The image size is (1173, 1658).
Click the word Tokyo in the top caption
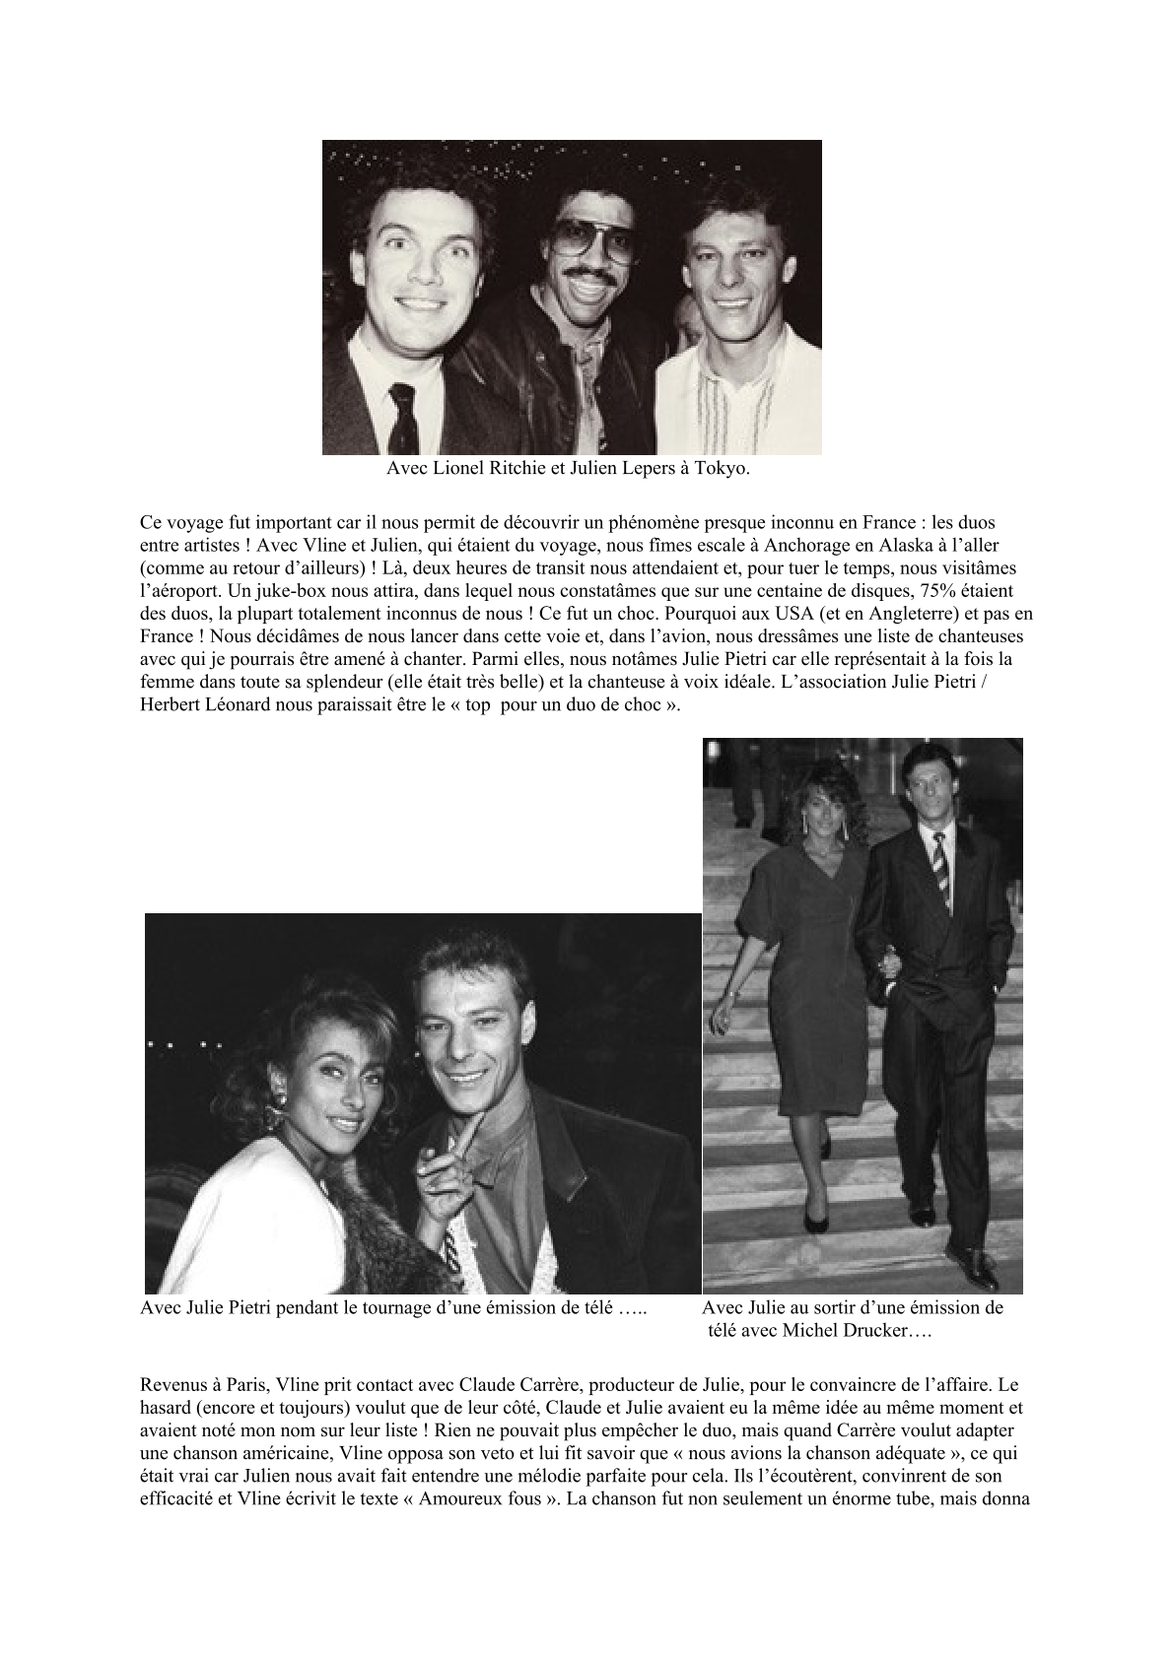coord(723,469)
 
